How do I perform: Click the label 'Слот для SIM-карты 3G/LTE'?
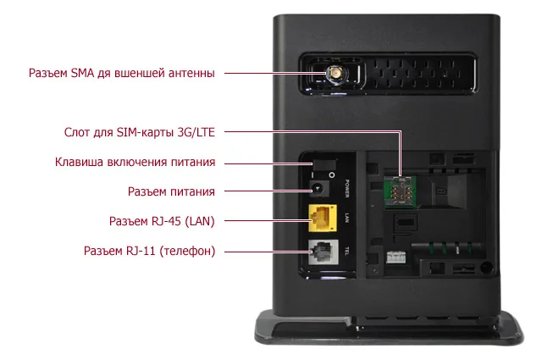(140, 133)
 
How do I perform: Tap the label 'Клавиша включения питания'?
(135, 162)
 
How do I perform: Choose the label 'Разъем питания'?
(170, 191)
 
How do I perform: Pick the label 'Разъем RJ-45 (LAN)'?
(162, 221)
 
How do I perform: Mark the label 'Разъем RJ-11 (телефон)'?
(149, 252)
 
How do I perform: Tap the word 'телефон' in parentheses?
(186, 252)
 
